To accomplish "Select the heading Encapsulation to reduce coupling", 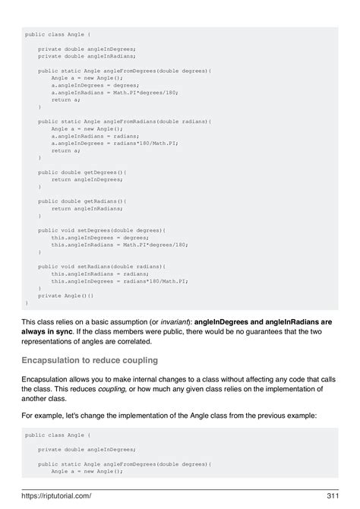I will pyautogui.click(x=90, y=359).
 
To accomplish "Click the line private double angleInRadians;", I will pyautogui.click(x=87, y=55).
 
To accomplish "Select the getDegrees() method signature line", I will pyautogui.click(x=82, y=172).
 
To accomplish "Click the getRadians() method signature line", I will pyautogui.click(x=82, y=201).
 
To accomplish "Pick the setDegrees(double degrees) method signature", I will pyautogui.click(x=102, y=229).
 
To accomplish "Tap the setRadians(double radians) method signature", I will pyautogui.click(x=102, y=267).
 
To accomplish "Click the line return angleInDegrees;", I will pyautogui.click(x=87, y=179).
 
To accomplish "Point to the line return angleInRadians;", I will pyautogui.click(x=87, y=208).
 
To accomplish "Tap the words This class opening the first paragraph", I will pyautogui.click(x=40, y=321).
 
